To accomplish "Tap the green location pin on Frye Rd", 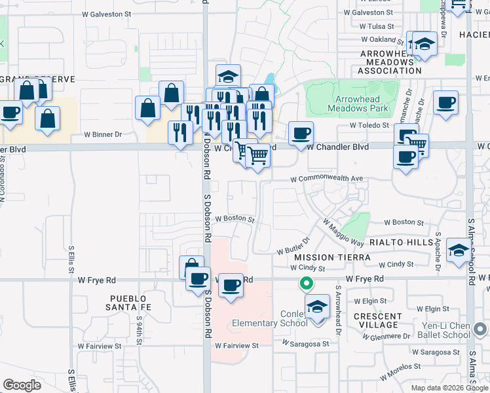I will click(305, 284).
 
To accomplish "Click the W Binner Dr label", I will click(103, 135).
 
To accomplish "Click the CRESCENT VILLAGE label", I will click(378, 320).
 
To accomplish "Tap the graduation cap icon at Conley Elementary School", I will click(318, 307).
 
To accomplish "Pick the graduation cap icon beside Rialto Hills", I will click(459, 250).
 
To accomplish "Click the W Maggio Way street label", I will click(343, 232).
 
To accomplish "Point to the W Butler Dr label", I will click(292, 250).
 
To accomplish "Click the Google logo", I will click(22, 385).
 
